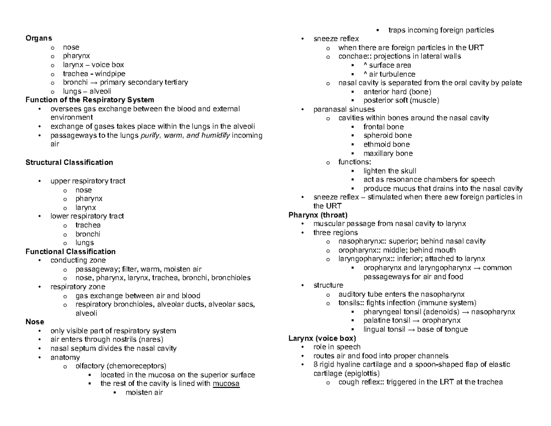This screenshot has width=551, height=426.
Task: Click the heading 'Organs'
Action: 39,39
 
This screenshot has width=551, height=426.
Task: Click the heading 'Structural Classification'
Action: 69,163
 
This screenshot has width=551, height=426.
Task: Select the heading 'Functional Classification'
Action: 70,252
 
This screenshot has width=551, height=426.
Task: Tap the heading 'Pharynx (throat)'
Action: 318,215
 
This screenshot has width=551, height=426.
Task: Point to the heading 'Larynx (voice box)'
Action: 322,338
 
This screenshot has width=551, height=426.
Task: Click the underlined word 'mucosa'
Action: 226,384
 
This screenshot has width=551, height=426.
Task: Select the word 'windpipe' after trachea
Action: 111,74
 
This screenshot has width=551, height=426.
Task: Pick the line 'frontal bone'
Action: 383,127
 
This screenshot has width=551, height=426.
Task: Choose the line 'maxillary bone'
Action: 388,153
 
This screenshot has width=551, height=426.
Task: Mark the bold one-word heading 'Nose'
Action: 35,322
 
